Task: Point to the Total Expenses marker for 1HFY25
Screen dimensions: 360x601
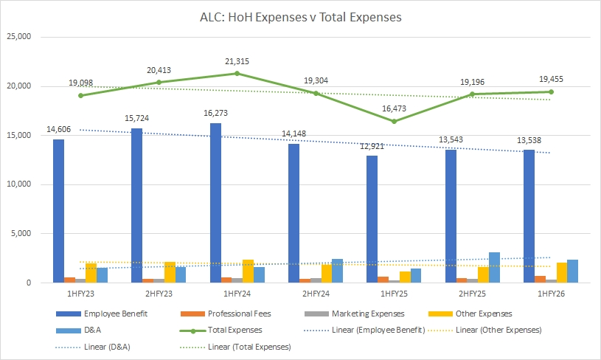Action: tap(394, 121)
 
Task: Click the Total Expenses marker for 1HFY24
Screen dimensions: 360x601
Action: tap(237, 73)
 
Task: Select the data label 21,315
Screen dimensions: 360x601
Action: tap(237, 61)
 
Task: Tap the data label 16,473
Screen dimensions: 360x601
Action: tap(394, 108)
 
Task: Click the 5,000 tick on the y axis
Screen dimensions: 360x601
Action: tap(22, 234)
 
